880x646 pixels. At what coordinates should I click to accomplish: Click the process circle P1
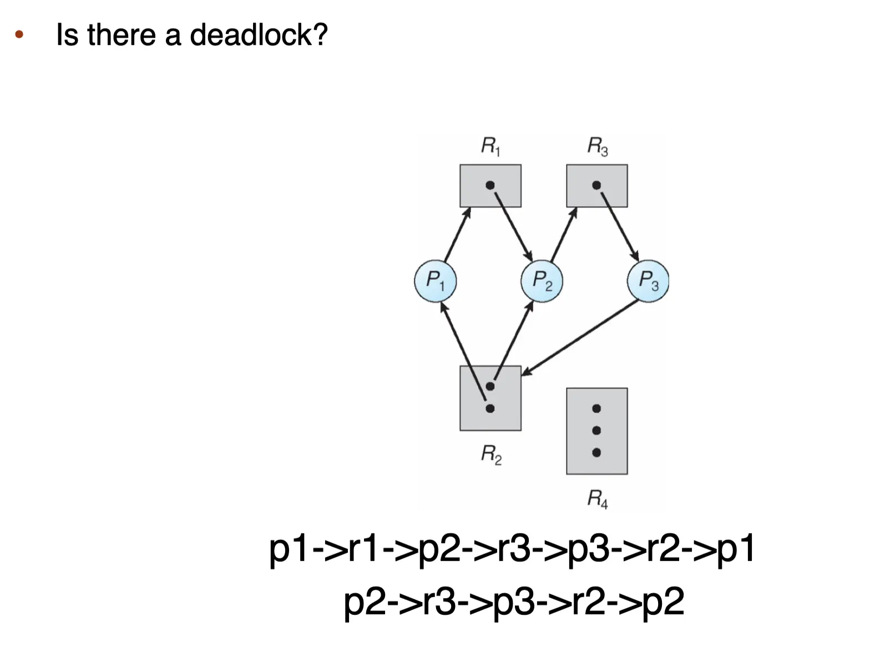coord(436,281)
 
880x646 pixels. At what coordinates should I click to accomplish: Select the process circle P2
coord(542,281)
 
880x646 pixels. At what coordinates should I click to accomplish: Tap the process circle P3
coord(648,281)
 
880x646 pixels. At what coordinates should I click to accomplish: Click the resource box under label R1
coord(490,186)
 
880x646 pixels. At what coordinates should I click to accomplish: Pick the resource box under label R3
coord(597,186)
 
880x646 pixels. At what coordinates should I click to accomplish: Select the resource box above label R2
coord(490,398)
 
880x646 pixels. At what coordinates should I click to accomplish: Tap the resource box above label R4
coord(597,431)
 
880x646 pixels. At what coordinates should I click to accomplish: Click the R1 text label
coord(490,147)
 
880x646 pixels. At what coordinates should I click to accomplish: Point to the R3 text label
coord(598,147)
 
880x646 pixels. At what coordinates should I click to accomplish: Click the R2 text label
coord(491,455)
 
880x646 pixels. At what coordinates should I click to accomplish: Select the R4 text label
coord(598,498)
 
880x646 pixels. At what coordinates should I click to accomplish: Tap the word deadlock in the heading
coord(259,35)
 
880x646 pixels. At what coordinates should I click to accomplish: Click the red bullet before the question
coord(19,36)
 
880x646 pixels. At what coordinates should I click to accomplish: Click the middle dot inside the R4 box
coord(596,431)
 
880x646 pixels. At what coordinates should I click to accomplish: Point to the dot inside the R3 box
coord(596,185)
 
